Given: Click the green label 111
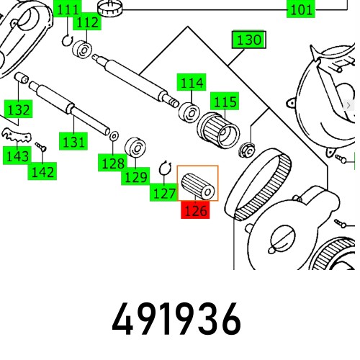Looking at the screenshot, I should click(68, 10).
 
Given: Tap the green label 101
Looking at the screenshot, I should click(301, 10).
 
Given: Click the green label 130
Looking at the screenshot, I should click(248, 40).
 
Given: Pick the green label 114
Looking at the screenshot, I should click(192, 84).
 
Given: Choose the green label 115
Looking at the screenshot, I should click(225, 102).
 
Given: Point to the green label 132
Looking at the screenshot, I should click(18, 109).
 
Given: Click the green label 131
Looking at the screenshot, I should click(73, 142).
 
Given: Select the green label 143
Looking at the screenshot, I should click(16, 156).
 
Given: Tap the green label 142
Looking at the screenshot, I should click(42, 171).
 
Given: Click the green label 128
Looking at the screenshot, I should click(112, 164).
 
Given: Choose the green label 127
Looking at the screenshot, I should click(163, 193).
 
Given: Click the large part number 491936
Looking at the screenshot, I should click(177, 320).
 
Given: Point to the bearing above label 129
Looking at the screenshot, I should click(135, 148).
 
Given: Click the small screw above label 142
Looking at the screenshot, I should click(41, 148).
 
